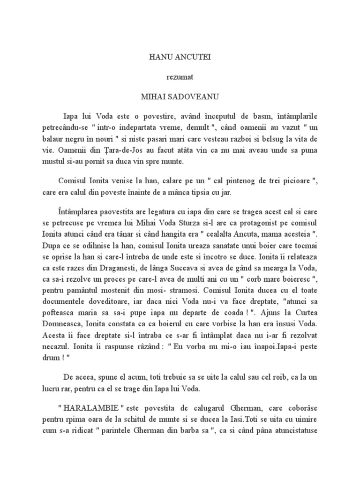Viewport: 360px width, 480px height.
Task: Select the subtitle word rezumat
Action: [x=180, y=77]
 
